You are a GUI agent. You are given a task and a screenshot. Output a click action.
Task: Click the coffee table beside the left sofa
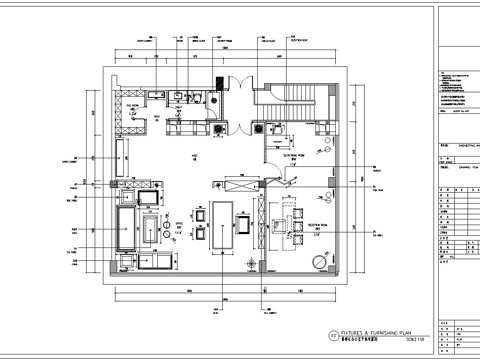click(151, 230)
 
